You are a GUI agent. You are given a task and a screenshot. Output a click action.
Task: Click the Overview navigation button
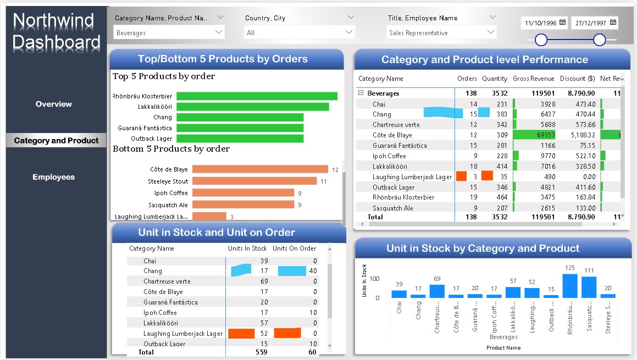click(54, 104)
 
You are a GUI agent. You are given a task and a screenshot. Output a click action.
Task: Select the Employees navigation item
click(53, 177)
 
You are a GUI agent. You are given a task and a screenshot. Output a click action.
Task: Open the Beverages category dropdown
click(169, 33)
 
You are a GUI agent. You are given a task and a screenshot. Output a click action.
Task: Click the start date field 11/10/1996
click(541, 23)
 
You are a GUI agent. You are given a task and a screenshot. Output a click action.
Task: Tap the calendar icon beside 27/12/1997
click(613, 23)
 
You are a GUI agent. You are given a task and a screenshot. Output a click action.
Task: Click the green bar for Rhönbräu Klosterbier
click(257, 96)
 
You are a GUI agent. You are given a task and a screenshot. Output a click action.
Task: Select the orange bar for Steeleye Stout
click(254, 181)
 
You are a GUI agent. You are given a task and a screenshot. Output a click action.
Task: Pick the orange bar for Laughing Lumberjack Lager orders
click(209, 217)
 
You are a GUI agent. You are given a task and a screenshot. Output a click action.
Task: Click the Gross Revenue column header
click(533, 79)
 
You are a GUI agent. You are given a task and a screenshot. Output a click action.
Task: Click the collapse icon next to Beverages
click(361, 93)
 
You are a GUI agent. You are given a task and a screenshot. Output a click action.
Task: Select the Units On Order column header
click(294, 248)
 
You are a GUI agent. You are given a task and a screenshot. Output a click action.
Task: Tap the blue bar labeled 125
click(570, 286)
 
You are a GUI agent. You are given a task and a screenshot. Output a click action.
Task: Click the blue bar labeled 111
click(589, 287)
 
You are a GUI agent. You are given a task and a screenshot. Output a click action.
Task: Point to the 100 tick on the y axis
click(374, 279)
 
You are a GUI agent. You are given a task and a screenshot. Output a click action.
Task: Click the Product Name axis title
click(503, 347)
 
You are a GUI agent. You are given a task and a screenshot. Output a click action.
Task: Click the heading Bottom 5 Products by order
click(171, 149)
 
